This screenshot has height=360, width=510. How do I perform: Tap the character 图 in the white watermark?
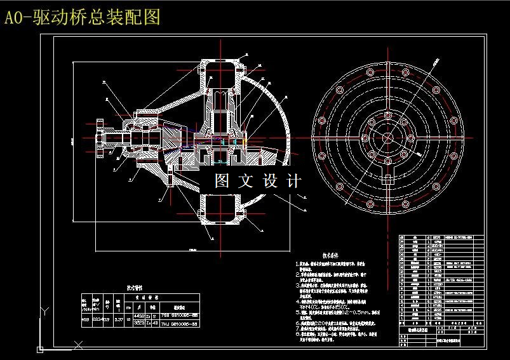(x=222, y=181)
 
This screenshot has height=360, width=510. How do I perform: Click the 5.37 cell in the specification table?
(x=118, y=319)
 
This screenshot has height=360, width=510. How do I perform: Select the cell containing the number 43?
(x=155, y=323)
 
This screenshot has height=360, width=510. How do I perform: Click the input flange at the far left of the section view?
(x=101, y=136)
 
